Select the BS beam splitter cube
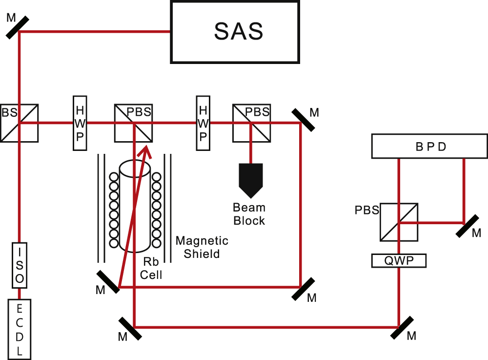pyautogui.click(x=20, y=123)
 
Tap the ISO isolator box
pyautogui.click(x=20, y=265)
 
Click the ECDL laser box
pyautogui.click(x=20, y=330)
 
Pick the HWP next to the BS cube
pyautogui.click(x=80, y=123)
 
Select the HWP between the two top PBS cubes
pyautogui.click(x=203, y=123)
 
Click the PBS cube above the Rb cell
pyautogui.click(x=134, y=123)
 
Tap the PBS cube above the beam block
pyautogui.click(x=252, y=123)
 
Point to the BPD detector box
pyautogui.click(x=430, y=146)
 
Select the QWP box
pyautogui.click(x=399, y=261)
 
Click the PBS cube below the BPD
pyautogui.click(x=399, y=222)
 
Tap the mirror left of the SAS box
pyautogui.click(x=18, y=28)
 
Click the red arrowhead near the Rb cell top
pyautogui.click(x=145, y=152)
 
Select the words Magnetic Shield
pyautogui.click(x=202, y=247)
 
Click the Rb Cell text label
pyautogui.click(x=151, y=269)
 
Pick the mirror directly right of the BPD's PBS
pyautogui.click(x=468, y=226)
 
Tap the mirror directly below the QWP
pyautogui.click(x=402, y=328)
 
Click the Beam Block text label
pyautogui.click(x=249, y=214)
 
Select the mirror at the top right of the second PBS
pyautogui.click(x=304, y=120)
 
